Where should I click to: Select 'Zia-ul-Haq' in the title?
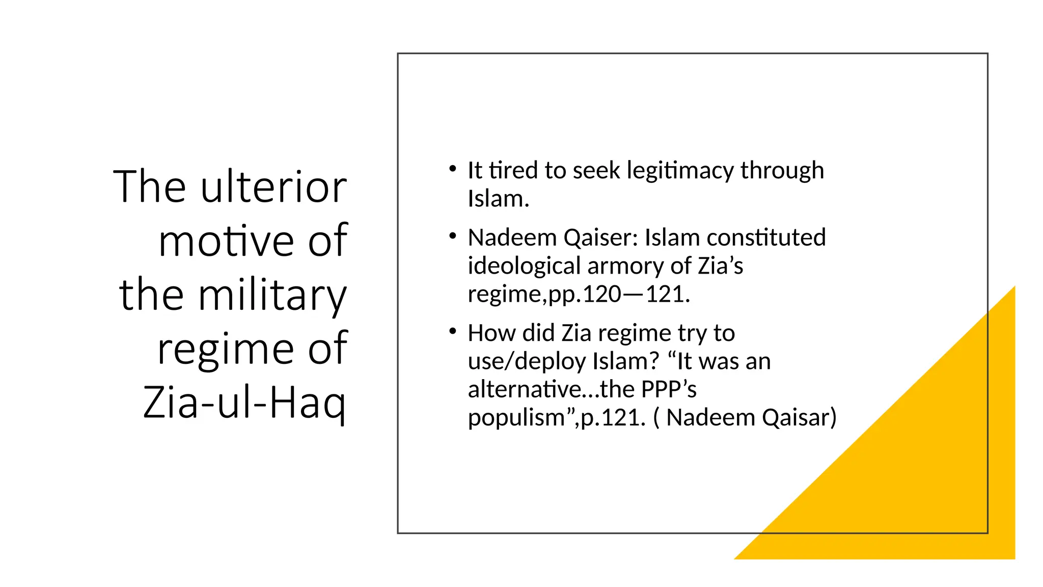coord(244,403)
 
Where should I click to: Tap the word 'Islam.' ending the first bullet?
coord(499,199)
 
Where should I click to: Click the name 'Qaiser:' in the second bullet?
coord(601,238)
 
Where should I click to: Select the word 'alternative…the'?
coord(551,389)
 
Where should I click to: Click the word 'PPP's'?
coord(669,389)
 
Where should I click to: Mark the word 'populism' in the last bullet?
coord(516,418)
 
